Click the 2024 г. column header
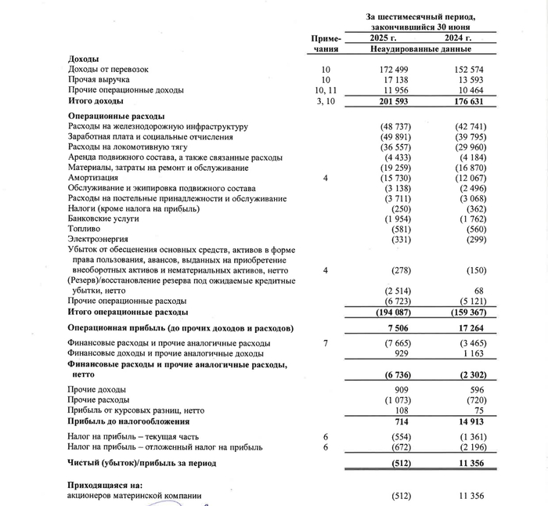pos(457,38)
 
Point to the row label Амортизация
pos(92,179)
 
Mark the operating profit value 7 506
pos(389,328)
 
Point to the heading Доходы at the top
pos(83,60)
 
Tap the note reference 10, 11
pos(326,90)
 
